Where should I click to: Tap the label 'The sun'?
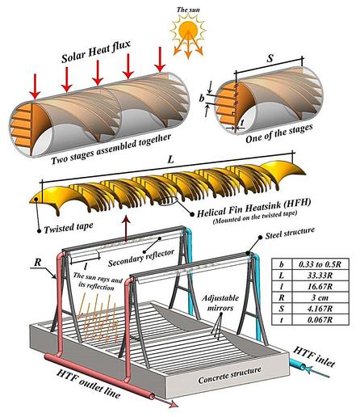[x=188, y=10]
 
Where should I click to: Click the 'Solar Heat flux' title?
[x=96, y=52]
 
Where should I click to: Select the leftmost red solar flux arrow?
[x=35, y=86]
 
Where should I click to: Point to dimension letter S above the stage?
[x=270, y=58]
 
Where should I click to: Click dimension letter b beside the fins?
[x=202, y=99]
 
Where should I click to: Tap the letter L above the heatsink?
[x=170, y=159]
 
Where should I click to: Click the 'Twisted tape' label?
[x=69, y=228]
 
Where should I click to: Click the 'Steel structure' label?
[x=290, y=234]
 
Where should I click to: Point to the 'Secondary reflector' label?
[x=141, y=258]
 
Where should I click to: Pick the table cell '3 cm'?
[x=320, y=297]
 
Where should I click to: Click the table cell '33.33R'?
[x=320, y=276]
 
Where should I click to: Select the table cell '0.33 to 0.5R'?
[x=320, y=264]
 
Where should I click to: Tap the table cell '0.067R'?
[x=320, y=319]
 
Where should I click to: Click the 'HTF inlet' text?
[x=314, y=356]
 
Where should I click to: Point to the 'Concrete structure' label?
[x=229, y=375]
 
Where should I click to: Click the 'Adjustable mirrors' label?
[x=220, y=303]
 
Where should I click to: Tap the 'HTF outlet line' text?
[x=88, y=384]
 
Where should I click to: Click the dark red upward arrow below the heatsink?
[x=126, y=228]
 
